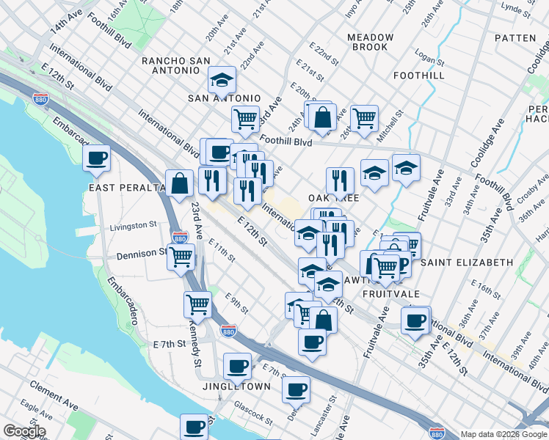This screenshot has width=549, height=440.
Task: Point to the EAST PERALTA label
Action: [x=126, y=188]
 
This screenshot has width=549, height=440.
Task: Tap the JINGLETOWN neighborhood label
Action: [x=237, y=386]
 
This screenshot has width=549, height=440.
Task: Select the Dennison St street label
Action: [x=141, y=254]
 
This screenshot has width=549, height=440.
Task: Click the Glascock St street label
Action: [x=250, y=416]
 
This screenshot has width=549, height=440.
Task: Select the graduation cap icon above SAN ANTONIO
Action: [x=221, y=79]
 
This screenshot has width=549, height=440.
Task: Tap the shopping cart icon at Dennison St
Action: [x=181, y=257]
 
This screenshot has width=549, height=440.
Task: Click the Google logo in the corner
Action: [x=23, y=432]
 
